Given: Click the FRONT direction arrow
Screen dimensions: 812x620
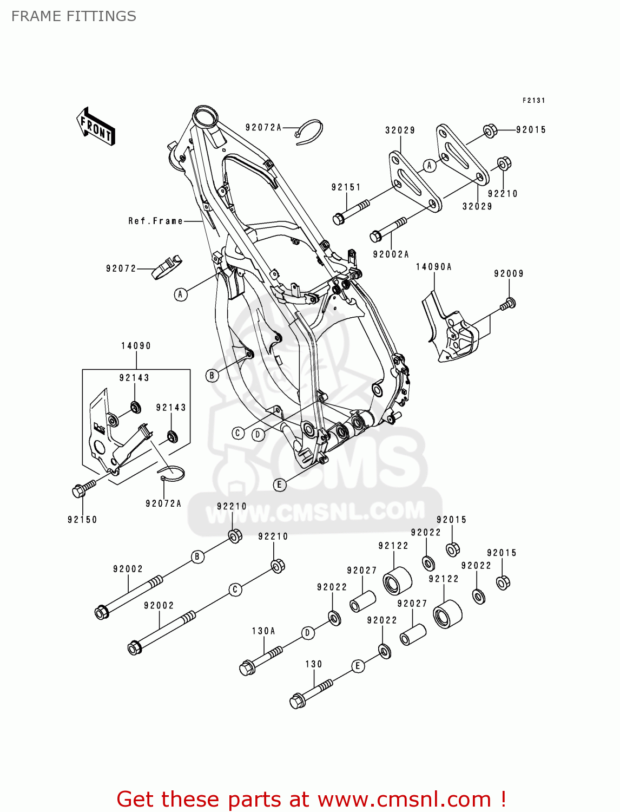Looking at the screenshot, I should [x=96, y=126].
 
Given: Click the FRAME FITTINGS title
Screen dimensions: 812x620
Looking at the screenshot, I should [x=74, y=16].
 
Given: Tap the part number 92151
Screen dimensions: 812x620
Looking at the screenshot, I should [x=346, y=187].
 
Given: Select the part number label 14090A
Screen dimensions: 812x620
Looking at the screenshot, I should [x=433, y=267].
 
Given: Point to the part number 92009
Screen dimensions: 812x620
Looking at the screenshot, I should [x=509, y=274].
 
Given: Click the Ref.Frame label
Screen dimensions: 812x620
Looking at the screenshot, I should [x=155, y=221].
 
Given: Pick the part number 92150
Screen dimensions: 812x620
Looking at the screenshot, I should [x=82, y=520].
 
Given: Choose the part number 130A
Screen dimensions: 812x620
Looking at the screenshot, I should [x=263, y=631].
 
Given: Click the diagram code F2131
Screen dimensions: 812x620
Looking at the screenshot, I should [x=533, y=101].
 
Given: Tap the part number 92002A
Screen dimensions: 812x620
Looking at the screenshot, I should [x=391, y=254].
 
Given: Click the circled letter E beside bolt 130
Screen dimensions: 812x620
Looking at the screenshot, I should [x=358, y=666].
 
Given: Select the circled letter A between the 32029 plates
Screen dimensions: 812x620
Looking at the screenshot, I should [x=430, y=165].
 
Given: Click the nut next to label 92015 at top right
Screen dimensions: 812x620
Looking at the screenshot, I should [x=490, y=131].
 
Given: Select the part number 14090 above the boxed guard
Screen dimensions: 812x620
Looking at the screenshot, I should [x=136, y=346].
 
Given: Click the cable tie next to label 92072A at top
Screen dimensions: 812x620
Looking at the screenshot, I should [x=310, y=132].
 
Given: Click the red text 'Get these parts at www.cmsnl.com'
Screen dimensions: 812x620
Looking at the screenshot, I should [x=311, y=799].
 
